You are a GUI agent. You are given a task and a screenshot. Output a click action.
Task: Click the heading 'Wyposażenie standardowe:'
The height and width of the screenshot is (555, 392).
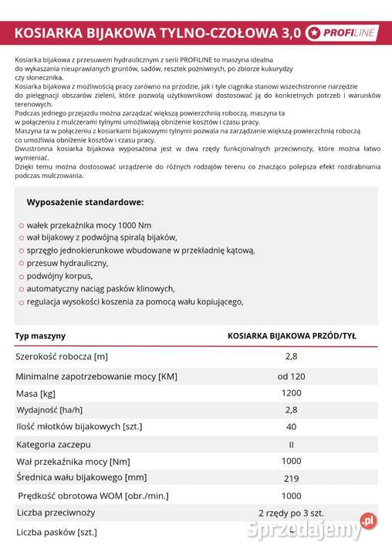[x=85, y=202]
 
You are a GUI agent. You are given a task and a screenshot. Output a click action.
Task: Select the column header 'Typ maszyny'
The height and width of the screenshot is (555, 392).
[x=40, y=336]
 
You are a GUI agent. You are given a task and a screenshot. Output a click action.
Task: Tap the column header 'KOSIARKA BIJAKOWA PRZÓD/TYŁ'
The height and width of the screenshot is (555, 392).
[x=291, y=336]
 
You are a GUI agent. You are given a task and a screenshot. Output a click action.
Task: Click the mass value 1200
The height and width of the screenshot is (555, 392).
[x=292, y=393]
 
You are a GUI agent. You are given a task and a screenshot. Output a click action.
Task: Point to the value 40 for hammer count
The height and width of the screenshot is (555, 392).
[x=292, y=426]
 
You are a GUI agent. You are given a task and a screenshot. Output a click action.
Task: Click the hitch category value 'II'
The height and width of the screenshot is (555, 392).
[x=292, y=445]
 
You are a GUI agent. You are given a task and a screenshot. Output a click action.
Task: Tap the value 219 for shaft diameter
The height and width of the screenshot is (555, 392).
[x=292, y=478]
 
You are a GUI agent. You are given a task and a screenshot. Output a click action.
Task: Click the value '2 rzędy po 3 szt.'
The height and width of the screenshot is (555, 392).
[x=292, y=512]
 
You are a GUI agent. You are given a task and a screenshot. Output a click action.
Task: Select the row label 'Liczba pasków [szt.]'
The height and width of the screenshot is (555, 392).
[x=56, y=532]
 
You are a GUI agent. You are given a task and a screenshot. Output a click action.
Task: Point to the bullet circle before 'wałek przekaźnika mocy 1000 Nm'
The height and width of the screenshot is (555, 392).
[x=21, y=224]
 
